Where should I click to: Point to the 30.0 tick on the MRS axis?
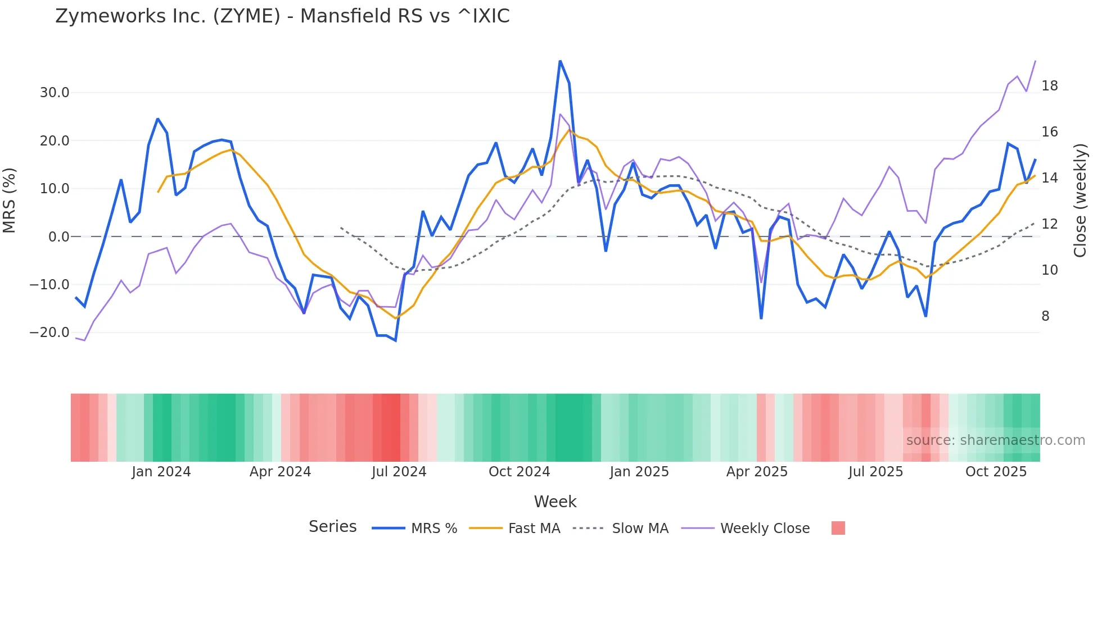tap(55, 93)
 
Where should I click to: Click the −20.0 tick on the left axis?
tap(49, 333)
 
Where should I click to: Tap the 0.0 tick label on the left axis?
tap(58, 237)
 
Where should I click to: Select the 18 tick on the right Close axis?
tap(1049, 86)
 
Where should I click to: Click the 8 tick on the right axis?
tap(1045, 316)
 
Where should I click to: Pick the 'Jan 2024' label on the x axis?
tap(161, 472)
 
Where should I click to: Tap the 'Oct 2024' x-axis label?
tap(519, 472)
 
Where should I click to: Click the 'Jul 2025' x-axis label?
tap(875, 472)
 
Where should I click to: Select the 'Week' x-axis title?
tap(555, 502)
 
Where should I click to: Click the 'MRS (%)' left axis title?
tap(10, 201)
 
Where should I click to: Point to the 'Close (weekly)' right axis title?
tap(1080, 201)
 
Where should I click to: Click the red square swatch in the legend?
tap(838, 528)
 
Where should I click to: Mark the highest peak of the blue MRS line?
tap(560, 61)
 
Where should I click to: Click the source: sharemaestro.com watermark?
tap(995, 440)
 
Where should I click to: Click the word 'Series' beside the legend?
tap(332, 527)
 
